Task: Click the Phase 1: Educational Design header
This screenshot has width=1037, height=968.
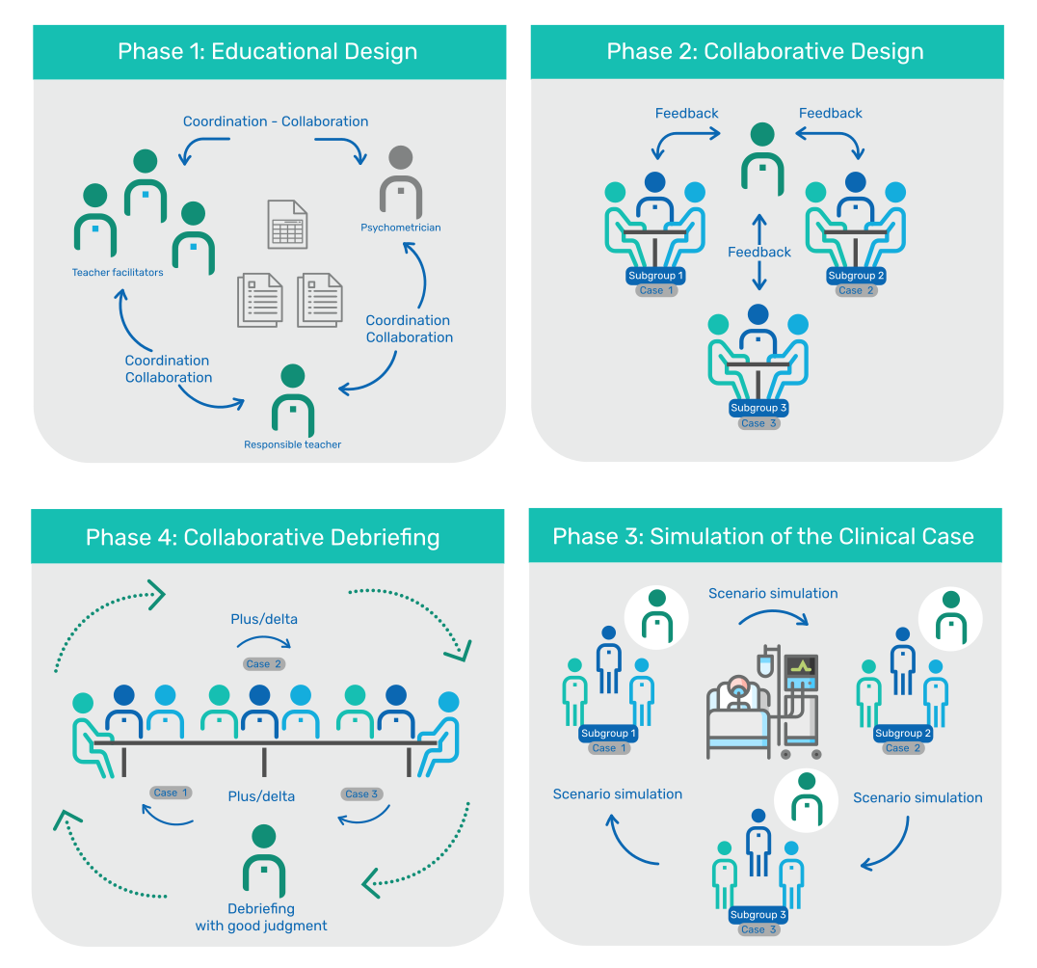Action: pos(268,51)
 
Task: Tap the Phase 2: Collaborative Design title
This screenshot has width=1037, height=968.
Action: pos(765,51)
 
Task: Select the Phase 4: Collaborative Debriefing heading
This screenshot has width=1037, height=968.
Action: pos(262,537)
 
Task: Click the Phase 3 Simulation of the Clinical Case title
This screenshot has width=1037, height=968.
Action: pos(763,536)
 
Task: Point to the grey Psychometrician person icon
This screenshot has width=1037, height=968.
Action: pos(401,182)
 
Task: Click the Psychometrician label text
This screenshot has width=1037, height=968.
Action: pos(401,228)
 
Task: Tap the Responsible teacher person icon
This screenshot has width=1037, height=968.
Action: pos(293,400)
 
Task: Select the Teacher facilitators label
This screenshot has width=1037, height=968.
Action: pos(118,273)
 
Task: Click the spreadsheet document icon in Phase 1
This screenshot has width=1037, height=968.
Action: pos(287,225)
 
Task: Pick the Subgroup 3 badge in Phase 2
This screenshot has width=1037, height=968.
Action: pos(758,408)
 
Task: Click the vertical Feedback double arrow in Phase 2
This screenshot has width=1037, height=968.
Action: pos(759,252)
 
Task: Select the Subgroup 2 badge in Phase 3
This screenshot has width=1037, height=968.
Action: pos(903,734)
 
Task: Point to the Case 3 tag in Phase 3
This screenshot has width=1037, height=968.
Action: pos(753,929)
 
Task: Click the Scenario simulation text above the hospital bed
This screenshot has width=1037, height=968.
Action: pos(773,594)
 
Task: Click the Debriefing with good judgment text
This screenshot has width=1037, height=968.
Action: pos(261,917)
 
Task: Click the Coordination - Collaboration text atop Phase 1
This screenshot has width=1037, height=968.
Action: pos(276,121)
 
